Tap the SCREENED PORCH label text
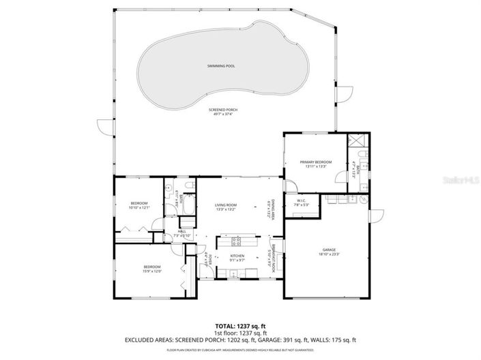[223, 109]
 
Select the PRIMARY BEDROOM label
[315, 162]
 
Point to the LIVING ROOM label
[225, 205]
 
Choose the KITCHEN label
[237, 256]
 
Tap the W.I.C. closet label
[302, 200]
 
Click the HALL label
[182, 231]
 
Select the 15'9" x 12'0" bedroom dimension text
[151, 271]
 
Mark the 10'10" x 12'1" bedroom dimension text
[139, 207]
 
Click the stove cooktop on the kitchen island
[237, 240]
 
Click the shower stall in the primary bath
[358, 141]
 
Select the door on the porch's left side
[102, 126]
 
